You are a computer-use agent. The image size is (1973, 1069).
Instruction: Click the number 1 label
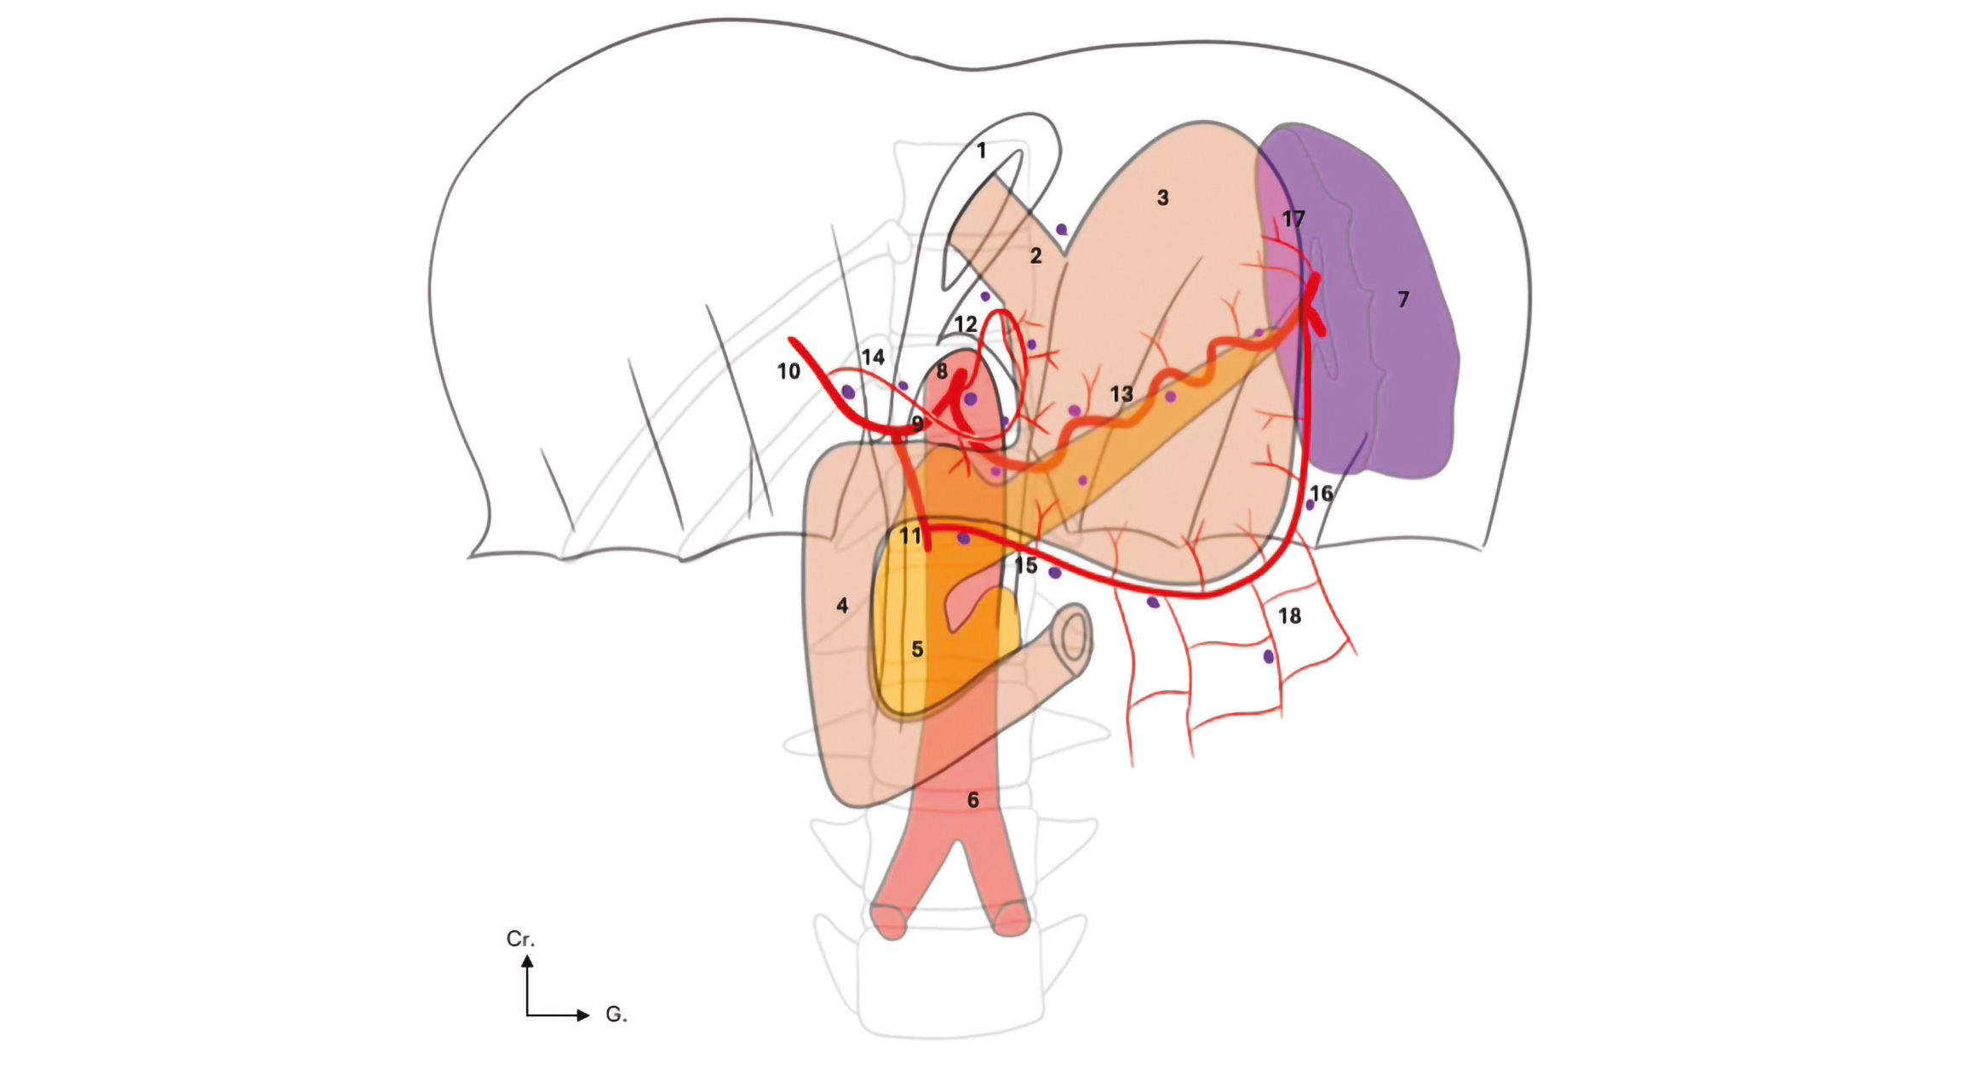pos(982,151)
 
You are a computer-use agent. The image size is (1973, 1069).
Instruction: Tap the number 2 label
pos(1035,255)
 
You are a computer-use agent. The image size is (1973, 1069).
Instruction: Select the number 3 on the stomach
pos(1162,197)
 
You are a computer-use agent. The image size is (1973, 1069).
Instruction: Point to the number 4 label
pos(842,605)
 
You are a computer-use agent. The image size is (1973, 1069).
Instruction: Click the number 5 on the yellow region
pos(917,649)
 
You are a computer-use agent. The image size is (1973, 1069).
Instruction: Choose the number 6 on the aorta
pos(972,799)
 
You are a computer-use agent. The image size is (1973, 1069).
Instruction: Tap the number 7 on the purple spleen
pos(1403,299)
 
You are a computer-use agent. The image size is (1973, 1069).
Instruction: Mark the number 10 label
pos(789,371)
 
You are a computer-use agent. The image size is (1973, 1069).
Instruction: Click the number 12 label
pos(965,324)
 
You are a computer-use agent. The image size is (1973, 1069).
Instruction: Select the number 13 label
pos(1121,394)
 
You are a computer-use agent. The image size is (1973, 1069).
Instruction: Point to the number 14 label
pos(873,357)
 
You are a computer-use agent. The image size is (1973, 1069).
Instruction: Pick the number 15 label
pos(1025,565)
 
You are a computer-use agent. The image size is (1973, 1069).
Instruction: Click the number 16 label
pos(1321,493)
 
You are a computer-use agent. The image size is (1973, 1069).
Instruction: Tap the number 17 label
pos(1293,219)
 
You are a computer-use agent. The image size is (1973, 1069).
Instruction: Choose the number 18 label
pos(1289,615)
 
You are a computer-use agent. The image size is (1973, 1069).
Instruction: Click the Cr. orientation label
pos(520,939)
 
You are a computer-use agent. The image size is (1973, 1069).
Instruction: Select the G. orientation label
pos(616,1014)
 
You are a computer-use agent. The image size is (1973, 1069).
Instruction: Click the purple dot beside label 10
pos(848,392)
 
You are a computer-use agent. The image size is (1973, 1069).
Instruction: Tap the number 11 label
pos(910,535)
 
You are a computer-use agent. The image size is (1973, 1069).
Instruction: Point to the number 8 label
pos(941,371)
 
